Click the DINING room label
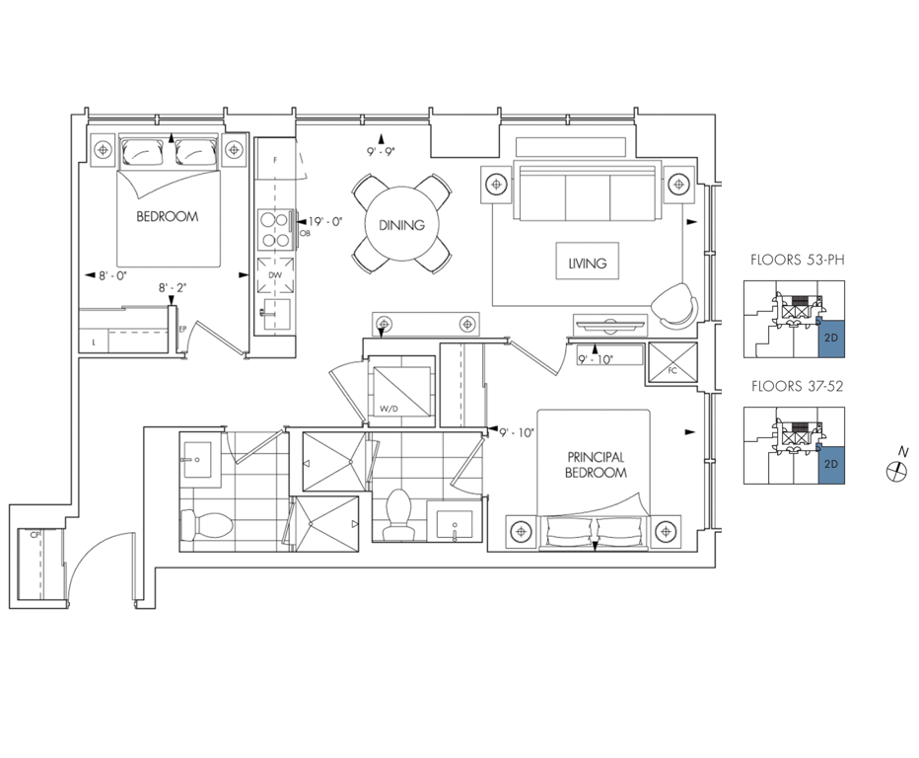coord(401,225)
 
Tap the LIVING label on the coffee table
coord(588,264)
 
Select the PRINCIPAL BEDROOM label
coord(596,465)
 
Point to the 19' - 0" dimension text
coord(325,222)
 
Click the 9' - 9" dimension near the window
coord(381,151)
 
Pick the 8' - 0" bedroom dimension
coord(112,275)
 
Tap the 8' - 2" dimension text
coord(173,287)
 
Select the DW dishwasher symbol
coord(275,275)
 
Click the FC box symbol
coord(672,362)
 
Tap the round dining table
coord(401,224)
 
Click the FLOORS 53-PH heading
coord(798,260)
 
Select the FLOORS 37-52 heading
coord(797,386)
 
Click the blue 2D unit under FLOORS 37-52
coord(831,464)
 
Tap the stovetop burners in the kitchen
coord(275,229)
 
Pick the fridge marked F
coord(275,160)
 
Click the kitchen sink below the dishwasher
coord(275,315)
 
